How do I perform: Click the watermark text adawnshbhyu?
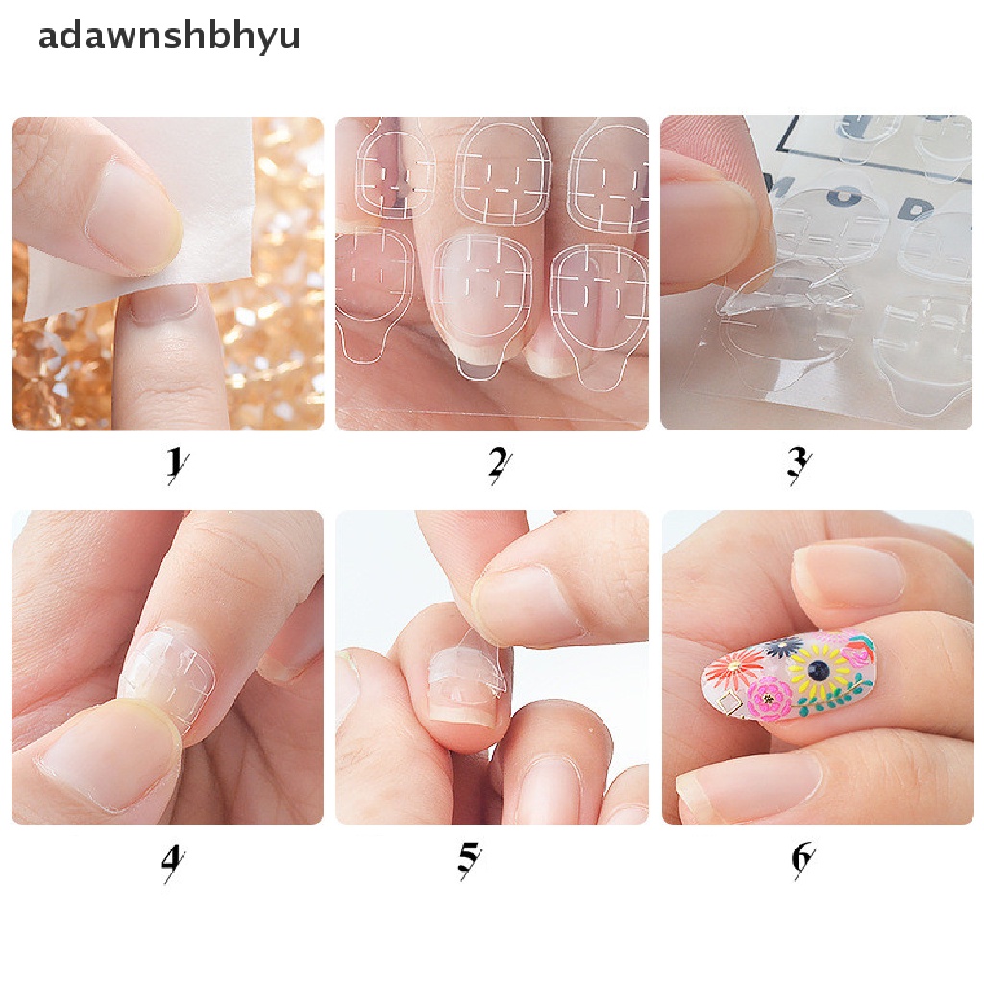click(x=168, y=36)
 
